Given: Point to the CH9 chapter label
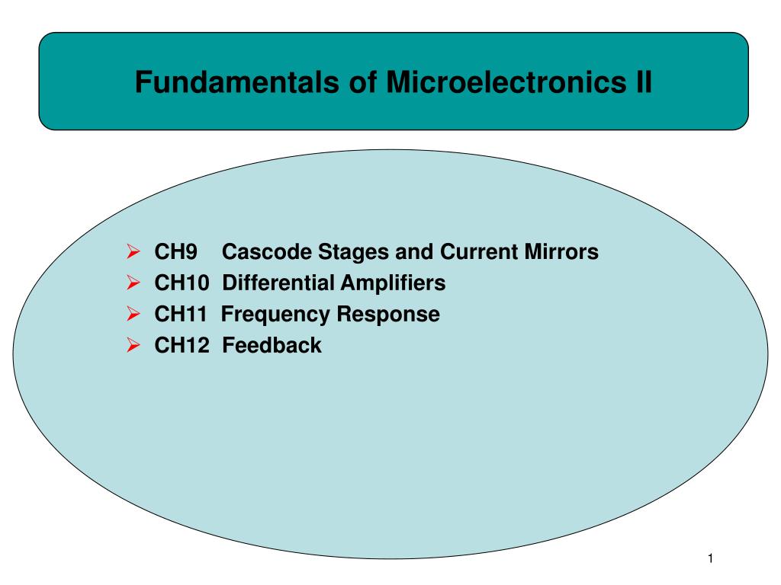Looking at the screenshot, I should (x=176, y=252).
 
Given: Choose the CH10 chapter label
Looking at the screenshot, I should (x=182, y=283).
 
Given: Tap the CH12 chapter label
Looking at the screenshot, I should (x=182, y=346).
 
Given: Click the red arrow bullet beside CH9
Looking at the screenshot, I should (x=132, y=251).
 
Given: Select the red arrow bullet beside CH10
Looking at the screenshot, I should (x=132, y=283).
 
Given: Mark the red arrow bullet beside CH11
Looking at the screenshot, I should (x=132, y=314).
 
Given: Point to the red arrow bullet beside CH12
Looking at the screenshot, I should (x=132, y=345).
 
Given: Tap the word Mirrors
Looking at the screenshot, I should (x=561, y=252).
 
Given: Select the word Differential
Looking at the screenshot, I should (x=278, y=283).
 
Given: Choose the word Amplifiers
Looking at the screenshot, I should (x=393, y=283).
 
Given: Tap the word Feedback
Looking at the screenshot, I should (x=272, y=346).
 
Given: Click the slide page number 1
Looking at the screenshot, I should (x=710, y=560).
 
